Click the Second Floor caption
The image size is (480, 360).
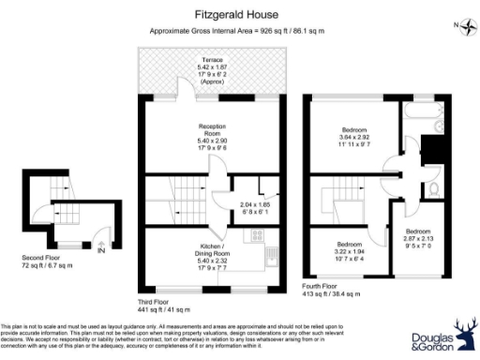pos(43,257)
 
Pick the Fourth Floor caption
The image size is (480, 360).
pos(324,284)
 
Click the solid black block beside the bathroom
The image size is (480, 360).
pos(431,150)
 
